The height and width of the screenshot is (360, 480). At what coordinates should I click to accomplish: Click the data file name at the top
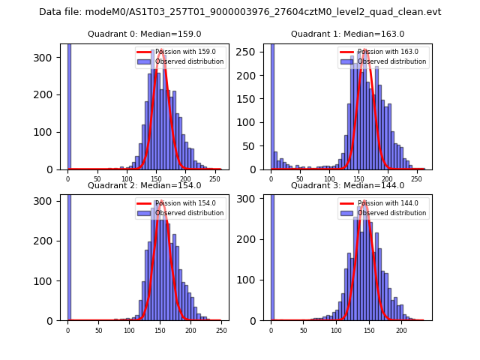click(240, 12)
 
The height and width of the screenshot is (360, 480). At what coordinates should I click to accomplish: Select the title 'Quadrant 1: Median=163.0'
click(348, 34)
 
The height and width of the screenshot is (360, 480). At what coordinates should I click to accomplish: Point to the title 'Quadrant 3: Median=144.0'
click(348, 185)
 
